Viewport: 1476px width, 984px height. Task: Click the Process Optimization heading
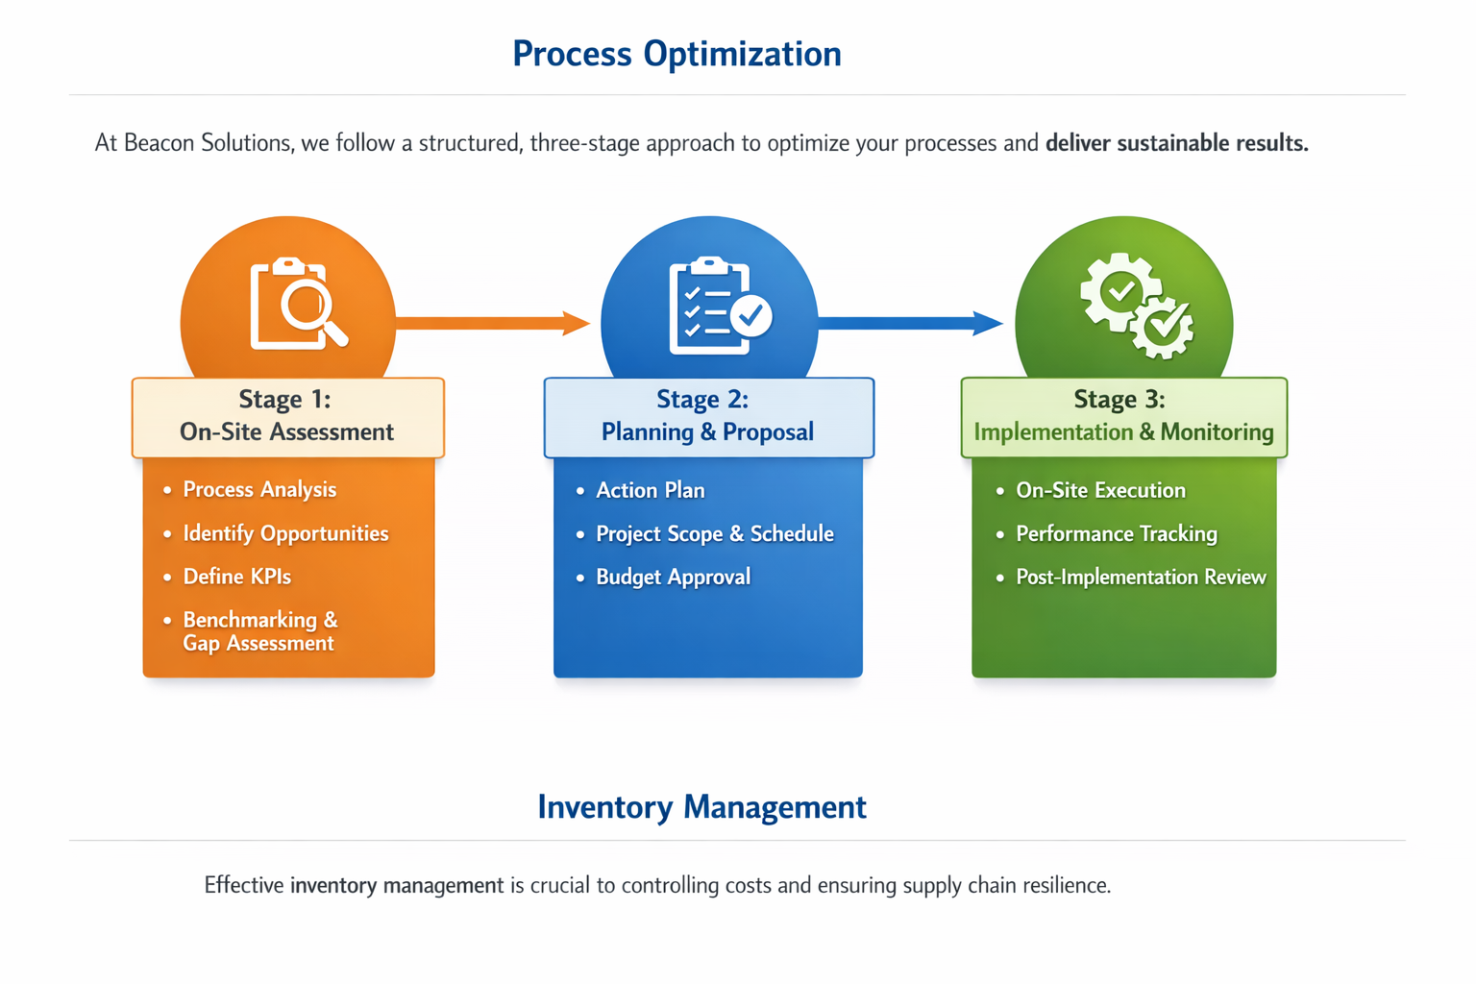point(676,54)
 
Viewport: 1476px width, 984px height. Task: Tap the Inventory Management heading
point(701,807)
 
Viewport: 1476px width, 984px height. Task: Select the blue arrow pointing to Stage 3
point(909,323)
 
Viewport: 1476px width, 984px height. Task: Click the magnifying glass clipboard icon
point(298,304)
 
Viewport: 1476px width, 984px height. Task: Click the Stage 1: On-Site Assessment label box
point(287,416)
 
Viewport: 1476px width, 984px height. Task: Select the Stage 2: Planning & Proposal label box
point(708,416)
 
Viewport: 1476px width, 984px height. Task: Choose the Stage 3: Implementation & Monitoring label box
point(1123,416)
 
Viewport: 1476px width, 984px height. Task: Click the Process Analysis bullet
point(259,490)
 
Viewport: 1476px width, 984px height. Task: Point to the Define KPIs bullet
point(236,577)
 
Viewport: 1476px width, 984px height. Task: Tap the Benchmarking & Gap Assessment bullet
point(259,631)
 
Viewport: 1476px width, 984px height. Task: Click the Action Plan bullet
point(650,490)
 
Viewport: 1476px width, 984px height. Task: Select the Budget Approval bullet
point(673,577)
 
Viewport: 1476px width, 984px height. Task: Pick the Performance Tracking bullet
point(1116,533)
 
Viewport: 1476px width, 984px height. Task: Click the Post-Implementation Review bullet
point(1141,577)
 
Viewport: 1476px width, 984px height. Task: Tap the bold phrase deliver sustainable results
point(1176,143)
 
